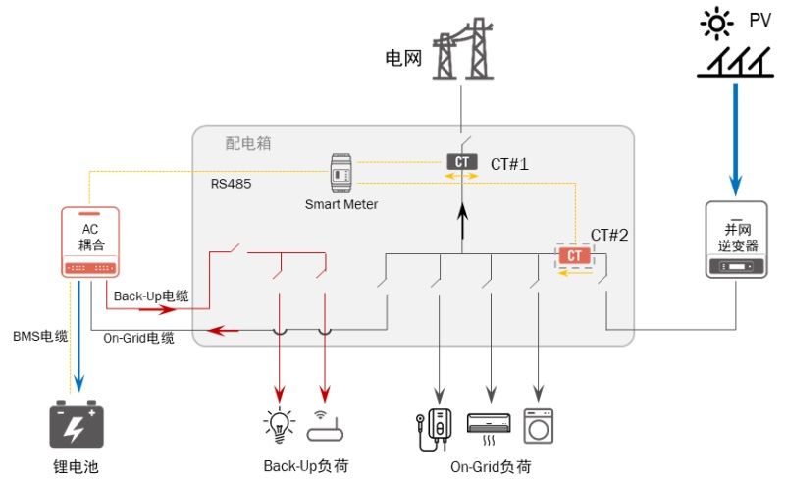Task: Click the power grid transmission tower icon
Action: [462, 49]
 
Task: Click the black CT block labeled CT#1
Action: [462, 162]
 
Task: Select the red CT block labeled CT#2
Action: [575, 256]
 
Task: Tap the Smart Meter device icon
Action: [340, 173]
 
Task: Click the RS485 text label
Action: [232, 183]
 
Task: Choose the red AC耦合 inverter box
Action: [90, 242]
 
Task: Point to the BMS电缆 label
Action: [40, 337]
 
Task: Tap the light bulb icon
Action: [280, 424]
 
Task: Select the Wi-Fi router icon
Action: [325, 425]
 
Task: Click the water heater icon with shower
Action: [433, 425]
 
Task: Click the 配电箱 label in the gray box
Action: [247, 143]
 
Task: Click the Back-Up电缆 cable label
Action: [151, 296]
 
